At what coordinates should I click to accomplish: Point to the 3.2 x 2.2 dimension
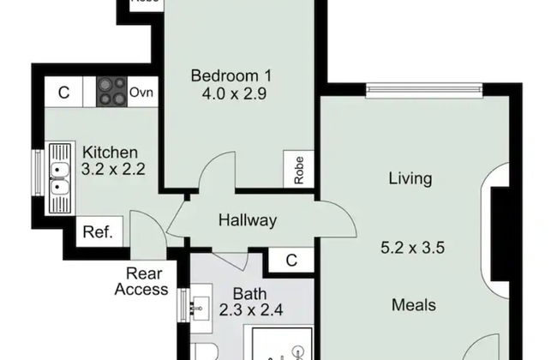click(113, 170)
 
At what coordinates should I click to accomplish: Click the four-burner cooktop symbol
click(111, 91)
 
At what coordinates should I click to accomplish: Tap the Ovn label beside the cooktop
click(142, 92)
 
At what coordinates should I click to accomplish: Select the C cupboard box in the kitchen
click(63, 92)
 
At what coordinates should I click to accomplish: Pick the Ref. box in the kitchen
click(101, 231)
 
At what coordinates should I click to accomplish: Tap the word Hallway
click(248, 220)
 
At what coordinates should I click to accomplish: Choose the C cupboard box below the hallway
click(291, 260)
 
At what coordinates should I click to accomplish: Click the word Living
click(410, 179)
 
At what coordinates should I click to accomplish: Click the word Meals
click(414, 304)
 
